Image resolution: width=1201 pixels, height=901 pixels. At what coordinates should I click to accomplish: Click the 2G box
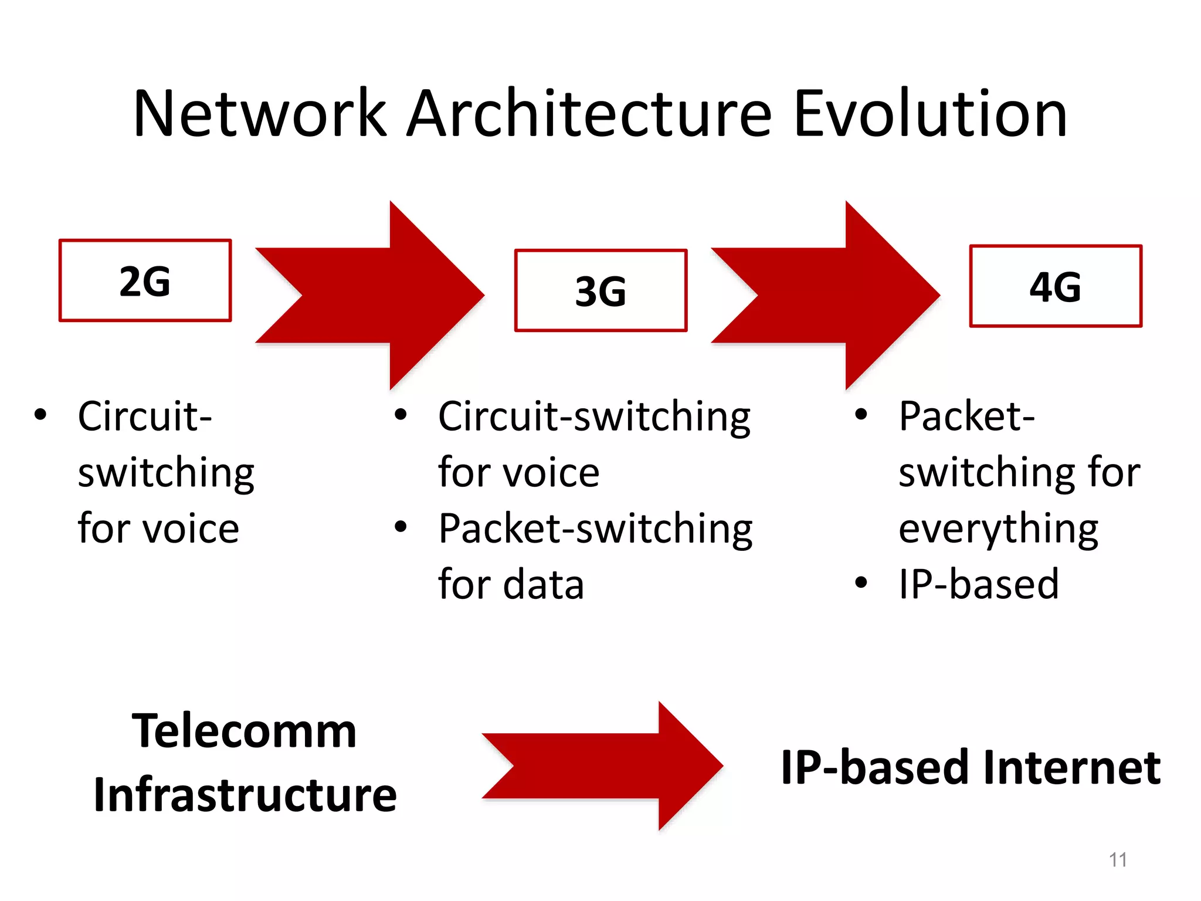pos(145,280)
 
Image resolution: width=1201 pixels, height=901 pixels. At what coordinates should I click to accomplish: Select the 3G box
pos(600,291)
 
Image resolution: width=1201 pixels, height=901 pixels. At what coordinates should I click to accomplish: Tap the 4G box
pos(1056,286)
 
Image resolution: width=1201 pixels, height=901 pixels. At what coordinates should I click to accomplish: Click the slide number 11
pos(1118,860)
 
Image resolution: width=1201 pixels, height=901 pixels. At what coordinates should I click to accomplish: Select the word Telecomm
pos(244,731)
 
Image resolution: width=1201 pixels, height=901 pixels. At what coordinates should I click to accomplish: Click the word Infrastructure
pos(245,795)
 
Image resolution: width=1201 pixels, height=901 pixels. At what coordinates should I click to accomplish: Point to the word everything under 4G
pos(998,530)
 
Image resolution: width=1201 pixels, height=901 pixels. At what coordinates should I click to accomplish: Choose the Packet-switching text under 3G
pos(595,529)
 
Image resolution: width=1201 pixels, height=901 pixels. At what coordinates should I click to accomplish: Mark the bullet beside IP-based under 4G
pos(861,582)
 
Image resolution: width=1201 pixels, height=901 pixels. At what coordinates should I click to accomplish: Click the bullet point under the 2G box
pos(40,414)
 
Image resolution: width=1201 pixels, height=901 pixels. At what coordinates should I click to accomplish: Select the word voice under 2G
pos(191,529)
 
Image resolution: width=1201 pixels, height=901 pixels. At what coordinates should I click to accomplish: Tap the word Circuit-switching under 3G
pos(594,416)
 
